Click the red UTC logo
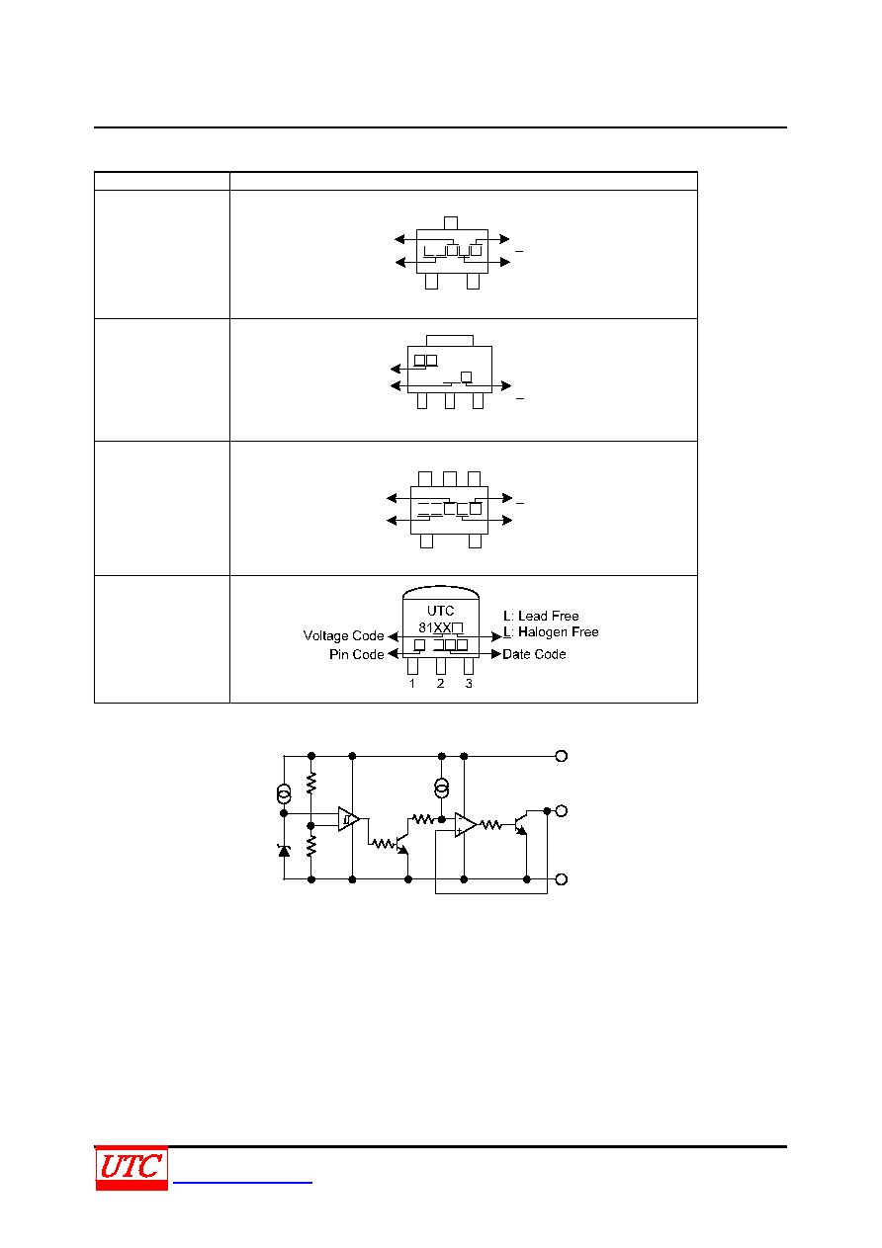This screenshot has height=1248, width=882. point(132,1169)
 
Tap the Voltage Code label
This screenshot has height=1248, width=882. point(343,635)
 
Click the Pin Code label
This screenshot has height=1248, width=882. point(356,654)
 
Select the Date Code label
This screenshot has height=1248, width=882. point(534,654)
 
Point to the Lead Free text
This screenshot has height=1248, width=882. point(548,616)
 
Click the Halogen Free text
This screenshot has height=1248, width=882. point(558,631)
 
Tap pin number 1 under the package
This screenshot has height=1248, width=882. point(412,684)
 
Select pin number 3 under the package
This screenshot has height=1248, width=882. point(469,684)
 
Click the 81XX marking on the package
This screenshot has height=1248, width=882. point(434,627)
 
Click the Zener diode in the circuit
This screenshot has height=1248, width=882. point(284,851)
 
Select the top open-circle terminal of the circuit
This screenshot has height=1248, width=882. point(562,756)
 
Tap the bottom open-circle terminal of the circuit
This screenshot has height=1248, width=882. point(562,879)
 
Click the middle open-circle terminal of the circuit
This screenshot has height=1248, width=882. point(562,810)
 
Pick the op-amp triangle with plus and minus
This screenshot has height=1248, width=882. point(465,824)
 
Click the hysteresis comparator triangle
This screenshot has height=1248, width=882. point(347,819)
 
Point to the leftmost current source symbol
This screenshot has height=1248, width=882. point(284,793)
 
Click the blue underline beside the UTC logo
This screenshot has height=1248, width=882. point(242,1182)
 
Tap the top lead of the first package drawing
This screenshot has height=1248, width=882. point(451,223)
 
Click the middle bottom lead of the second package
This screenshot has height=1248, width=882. point(449,400)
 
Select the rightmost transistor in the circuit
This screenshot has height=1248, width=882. point(521,824)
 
